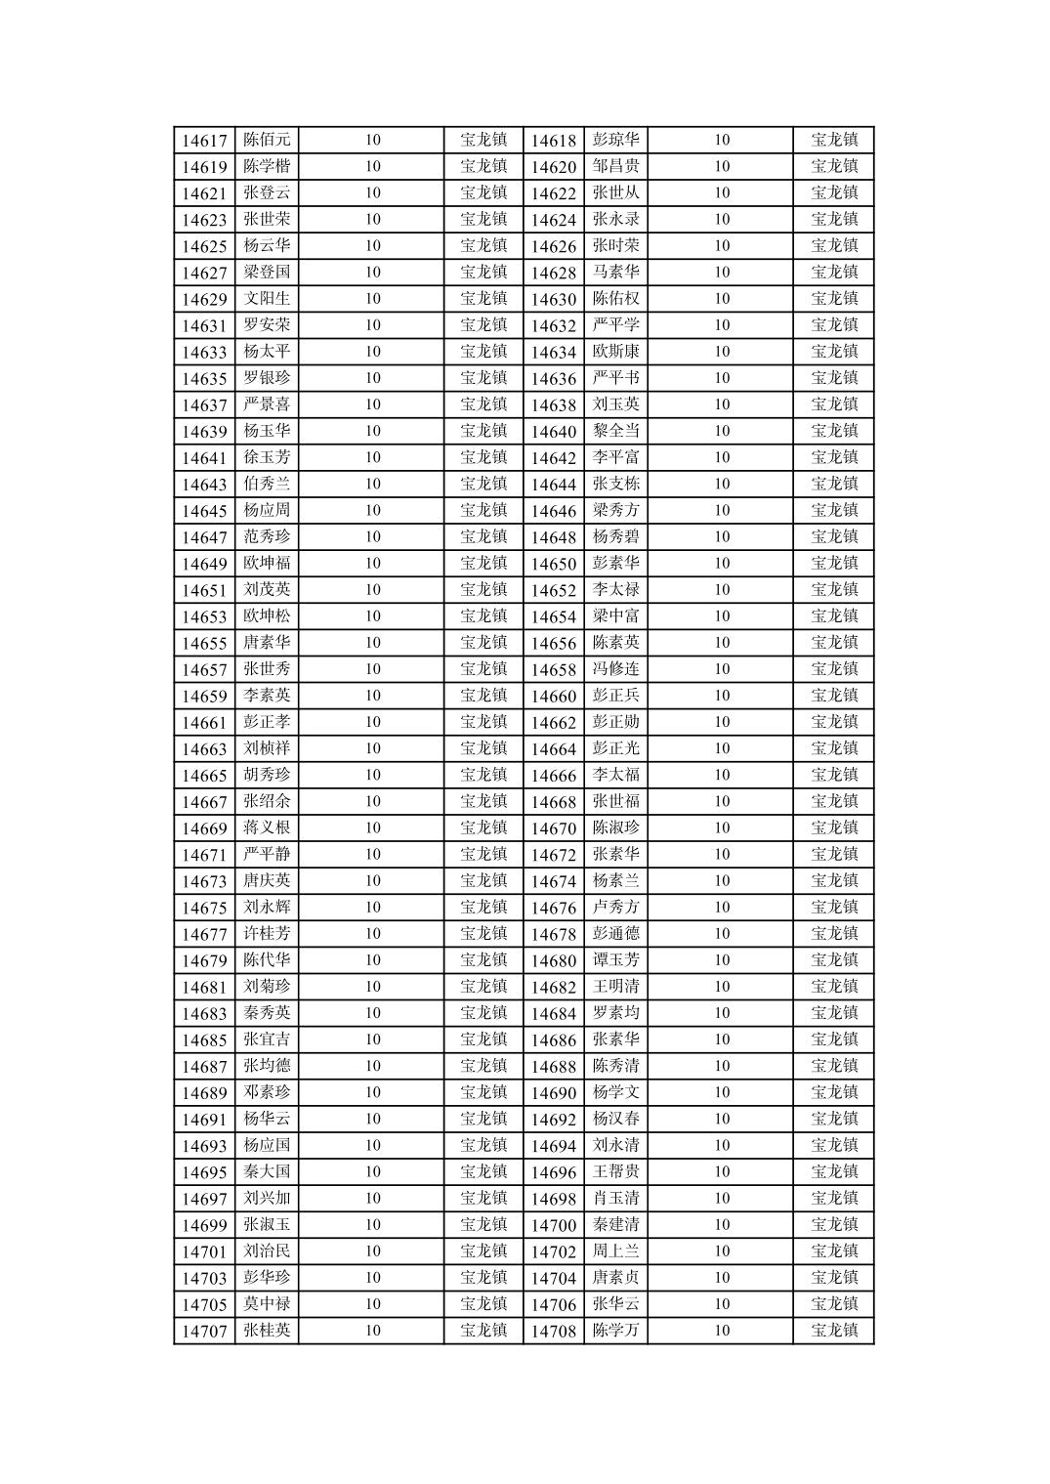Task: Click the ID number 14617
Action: [204, 141]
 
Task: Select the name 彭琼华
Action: [615, 140]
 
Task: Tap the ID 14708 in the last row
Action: [554, 1331]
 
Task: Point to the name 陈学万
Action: [615, 1330]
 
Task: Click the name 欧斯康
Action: [615, 352]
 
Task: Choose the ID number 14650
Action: [554, 564]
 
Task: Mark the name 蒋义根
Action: [267, 827]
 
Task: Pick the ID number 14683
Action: [204, 1013]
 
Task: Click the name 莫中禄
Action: [267, 1303]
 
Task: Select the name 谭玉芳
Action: [615, 959]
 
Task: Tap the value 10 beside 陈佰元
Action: [372, 140]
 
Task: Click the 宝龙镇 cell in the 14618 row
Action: [834, 140]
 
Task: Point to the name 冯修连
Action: [615, 669]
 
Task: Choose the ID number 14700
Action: [554, 1225]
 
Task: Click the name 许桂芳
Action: [267, 933]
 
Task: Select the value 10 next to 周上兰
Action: [721, 1251]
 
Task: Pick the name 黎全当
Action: [615, 431]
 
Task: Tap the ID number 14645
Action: [204, 511]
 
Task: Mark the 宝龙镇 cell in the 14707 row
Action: [483, 1330]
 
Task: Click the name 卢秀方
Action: [615, 907]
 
